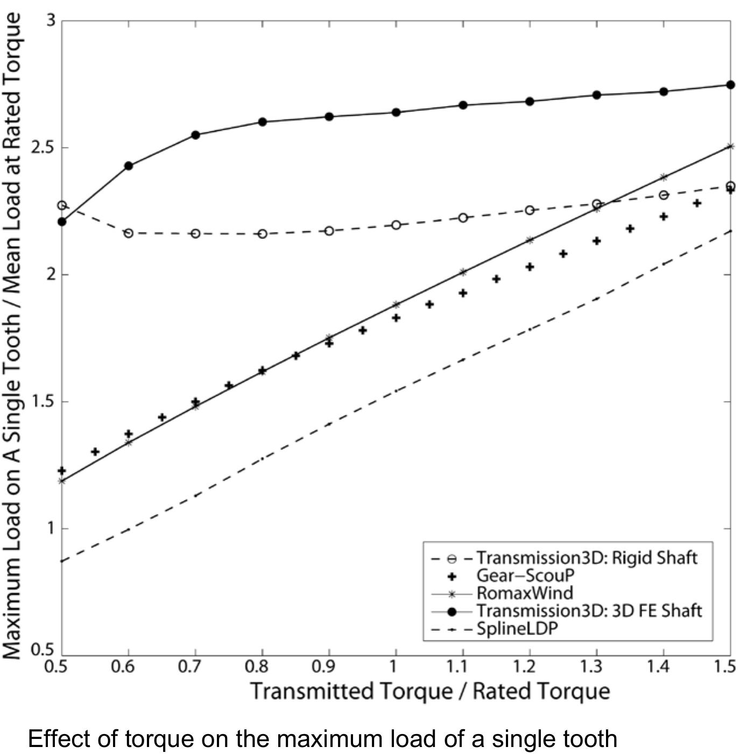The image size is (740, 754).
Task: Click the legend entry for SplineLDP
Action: [517, 629]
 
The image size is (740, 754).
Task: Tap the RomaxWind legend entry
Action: [525, 593]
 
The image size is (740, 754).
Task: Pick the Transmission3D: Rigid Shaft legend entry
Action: [586, 558]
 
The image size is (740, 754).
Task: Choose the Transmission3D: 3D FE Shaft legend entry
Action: [589, 611]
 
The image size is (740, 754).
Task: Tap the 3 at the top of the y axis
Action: [51, 21]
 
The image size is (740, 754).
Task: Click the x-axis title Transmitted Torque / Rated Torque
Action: [429, 692]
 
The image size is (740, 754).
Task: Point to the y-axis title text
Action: [13, 336]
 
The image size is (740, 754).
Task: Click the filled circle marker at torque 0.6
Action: [129, 166]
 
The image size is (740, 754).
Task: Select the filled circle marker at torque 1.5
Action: [730, 85]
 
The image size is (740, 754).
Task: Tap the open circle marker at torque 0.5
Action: [62, 206]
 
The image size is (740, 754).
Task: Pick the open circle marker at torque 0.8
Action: [263, 234]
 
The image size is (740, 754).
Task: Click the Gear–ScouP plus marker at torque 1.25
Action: [563, 253]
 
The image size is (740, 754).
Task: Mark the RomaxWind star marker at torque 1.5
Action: [730, 146]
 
